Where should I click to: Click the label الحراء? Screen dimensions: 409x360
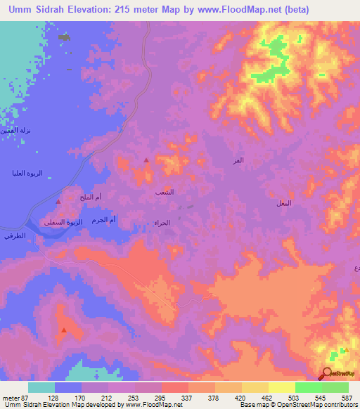pos(161,223)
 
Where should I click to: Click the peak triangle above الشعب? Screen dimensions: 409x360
pos(146,161)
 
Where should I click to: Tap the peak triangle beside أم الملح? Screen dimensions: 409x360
pos(58,202)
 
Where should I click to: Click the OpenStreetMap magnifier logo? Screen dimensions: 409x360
pos(327,373)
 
